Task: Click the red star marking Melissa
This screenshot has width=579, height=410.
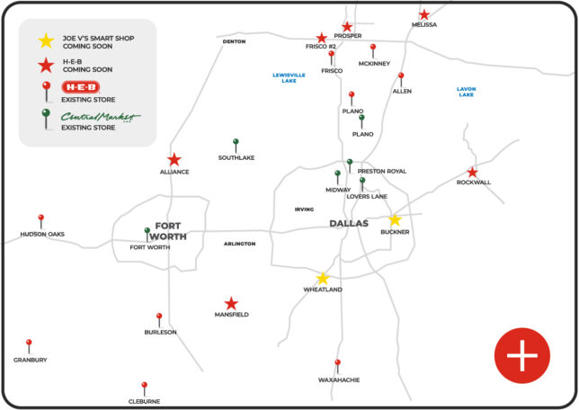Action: coord(424,14)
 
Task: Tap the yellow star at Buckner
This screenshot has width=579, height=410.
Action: coord(395,220)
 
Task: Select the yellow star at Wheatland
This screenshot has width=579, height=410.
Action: coord(323,278)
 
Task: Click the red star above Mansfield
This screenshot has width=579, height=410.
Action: coord(231,303)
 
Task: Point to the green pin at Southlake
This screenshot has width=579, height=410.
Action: coord(236,146)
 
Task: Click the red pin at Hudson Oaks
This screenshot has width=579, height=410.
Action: coord(41,221)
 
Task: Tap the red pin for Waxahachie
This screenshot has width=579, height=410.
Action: coord(337,367)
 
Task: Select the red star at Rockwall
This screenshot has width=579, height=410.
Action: coord(472,172)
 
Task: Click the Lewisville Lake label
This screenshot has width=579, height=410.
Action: coord(289,78)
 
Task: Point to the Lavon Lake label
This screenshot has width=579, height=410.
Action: coord(466,92)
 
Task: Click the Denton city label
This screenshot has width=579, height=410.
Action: coord(234,41)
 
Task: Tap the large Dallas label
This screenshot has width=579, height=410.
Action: coord(349,224)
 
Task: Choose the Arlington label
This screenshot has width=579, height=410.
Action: coord(240,244)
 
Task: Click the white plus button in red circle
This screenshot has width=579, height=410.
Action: coord(522,355)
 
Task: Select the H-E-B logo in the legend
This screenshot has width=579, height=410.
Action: coord(81,87)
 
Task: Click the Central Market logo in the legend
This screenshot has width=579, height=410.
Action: coord(101,117)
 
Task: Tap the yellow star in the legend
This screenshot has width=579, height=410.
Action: coord(46,41)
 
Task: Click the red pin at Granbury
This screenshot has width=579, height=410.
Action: coord(29,346)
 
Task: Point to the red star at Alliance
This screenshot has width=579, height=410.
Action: coord(174,160)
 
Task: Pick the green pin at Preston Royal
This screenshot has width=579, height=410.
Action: coord(350,165)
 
